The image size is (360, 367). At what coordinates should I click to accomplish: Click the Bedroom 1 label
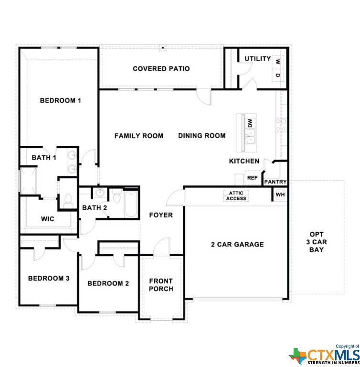(x=60, y=100)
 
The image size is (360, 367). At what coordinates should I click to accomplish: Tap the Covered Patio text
(x=161, y=69)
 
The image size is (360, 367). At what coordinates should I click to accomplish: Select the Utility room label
(x=257, y=58)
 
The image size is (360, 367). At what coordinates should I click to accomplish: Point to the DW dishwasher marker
(x=250, y=123)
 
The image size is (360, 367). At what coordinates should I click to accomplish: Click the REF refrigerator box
(x=252, y=178)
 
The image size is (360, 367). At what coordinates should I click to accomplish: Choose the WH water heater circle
(x=280, y=194)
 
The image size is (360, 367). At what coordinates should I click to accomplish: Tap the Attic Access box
(x=236, y=195)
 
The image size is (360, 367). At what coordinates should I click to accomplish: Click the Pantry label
(x=275, y=182)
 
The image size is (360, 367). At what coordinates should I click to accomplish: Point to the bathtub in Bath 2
(x=131, y=204)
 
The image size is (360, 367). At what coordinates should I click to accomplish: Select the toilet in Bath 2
(x=116, y=196)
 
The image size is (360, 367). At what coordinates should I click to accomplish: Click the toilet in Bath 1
(x=68, y=201)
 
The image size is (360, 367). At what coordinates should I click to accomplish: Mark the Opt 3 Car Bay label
(x=316, y=242)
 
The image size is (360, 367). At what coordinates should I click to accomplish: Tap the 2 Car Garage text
(x=237, y=244)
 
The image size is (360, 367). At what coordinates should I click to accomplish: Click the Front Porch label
(x=161, y=285)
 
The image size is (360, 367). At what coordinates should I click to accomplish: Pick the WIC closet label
(x=47, y=219)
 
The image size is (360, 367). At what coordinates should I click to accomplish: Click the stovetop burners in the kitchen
(x=280, y=125)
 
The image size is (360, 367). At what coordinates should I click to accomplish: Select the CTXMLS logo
(x=324, y=356)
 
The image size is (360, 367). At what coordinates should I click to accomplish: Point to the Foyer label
(x=161, y=215)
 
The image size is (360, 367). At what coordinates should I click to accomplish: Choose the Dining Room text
(x=201, y=136)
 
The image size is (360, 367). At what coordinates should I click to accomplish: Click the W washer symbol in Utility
(x=278, y=62)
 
